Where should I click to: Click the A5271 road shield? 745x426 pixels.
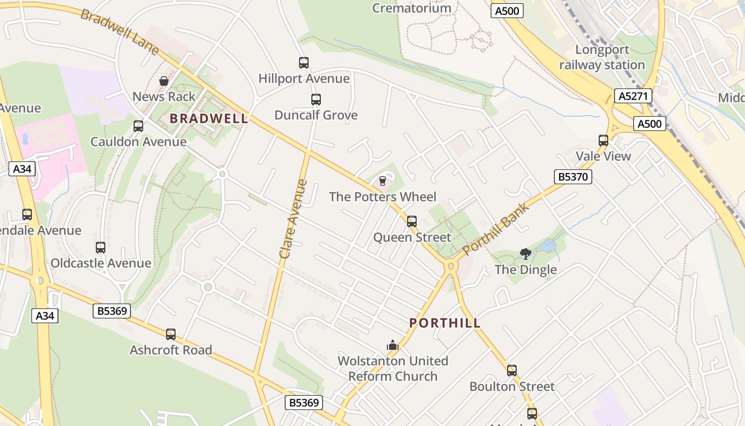pyautogui.click(x=633, y=96)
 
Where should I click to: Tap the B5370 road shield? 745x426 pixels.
pyautogui.click(x=573, y=177)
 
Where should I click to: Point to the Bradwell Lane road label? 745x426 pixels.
pyautogui.click(x=119, y=31)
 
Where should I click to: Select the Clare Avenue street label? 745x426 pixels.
pyautogui.click(x=293, y=219)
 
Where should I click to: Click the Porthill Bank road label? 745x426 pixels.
pyautogui.click(x=496, y=229)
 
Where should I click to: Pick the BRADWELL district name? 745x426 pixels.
pyautogui.click(x=209, y=119)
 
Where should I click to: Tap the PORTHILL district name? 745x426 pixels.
pyautogui.click(x=445, y=323)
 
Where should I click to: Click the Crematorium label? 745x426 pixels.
pyautogui.click(x=411, y=8)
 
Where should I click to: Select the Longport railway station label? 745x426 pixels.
pyautogui.click(x=602, y=58)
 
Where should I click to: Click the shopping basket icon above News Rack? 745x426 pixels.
pyautogui.click(x=164, y=81)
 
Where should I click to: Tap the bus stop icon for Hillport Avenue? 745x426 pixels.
pyautogui.click(x=304, y=63)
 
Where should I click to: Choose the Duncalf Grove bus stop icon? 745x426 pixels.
pyautogui.click(x=316, y=100)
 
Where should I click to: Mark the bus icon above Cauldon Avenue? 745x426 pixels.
pyautogui.click(x=138, y=126)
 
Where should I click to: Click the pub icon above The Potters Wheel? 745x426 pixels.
pyautogui.click(x=382, y=181)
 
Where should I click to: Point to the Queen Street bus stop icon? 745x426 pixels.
pyautogui.click(x=412, y=222)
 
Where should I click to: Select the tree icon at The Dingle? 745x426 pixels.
pyautogui.click(x=526, y=253)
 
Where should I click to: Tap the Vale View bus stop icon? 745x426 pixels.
pyautogui.click(x=603, y=141)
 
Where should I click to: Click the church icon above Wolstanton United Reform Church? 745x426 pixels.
pyautogui.click(x=393, y=345)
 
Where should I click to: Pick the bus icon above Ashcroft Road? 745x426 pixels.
pyautogui.click(x=171, y=334)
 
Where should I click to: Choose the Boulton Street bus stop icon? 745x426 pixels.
pyautogui.click(x=512, y=371)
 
